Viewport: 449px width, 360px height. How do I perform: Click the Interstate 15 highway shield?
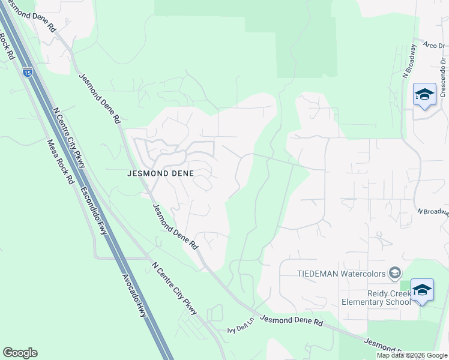28,72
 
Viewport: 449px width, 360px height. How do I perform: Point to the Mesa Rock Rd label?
61,162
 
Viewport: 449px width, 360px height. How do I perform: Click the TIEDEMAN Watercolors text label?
342,274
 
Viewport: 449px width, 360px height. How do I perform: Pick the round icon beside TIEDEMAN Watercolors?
394,274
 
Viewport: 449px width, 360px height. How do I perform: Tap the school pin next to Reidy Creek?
422,290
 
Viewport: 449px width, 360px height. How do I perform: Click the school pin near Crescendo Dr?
424,95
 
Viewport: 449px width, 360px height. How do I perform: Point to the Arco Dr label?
433,44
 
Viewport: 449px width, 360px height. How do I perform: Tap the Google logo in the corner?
20,353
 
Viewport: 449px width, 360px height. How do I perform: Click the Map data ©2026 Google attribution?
412,355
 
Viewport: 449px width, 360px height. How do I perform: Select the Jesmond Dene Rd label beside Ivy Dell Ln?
292,322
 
